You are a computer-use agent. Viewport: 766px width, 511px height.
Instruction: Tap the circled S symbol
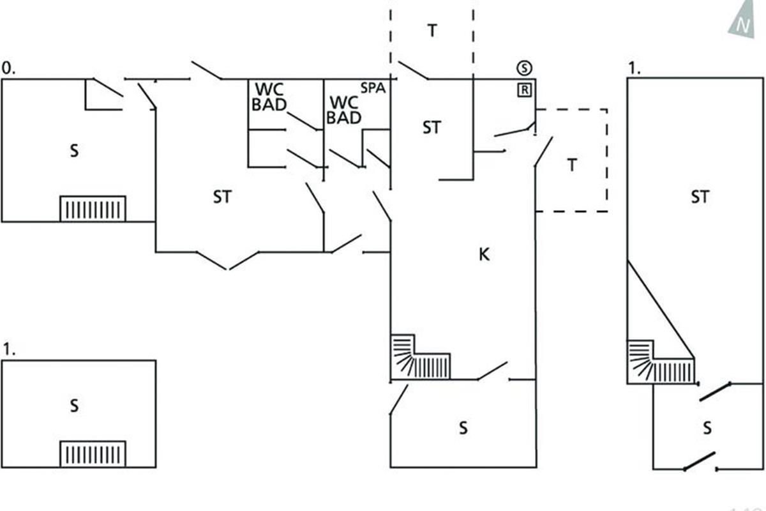(524, 68)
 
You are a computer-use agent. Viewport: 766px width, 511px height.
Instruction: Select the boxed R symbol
(524, 89)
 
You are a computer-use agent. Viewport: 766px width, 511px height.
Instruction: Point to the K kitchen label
(484, 255)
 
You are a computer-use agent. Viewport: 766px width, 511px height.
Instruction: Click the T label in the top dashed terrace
(432, 31)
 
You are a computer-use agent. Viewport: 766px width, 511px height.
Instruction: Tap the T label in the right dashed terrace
(572, 165)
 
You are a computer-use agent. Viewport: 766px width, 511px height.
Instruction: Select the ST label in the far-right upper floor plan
(700, 197)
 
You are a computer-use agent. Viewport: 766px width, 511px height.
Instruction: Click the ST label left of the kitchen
(222, 197)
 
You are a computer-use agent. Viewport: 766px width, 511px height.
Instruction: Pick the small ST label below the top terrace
(432, 128)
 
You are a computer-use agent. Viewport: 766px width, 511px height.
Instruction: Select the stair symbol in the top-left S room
(93, 209)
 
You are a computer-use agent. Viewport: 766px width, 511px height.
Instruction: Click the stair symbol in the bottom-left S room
(93, 454)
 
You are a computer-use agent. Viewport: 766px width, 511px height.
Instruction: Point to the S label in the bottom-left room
(75, 406)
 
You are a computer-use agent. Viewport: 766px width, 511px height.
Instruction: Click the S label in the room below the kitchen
(463, 428)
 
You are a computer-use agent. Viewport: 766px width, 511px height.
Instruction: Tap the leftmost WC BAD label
(269, 96)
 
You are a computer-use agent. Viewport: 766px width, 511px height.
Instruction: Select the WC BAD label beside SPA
(345, 110)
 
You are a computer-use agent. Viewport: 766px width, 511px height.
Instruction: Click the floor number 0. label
(8, 68)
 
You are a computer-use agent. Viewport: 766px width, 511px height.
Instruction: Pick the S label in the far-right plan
(707, 428)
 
